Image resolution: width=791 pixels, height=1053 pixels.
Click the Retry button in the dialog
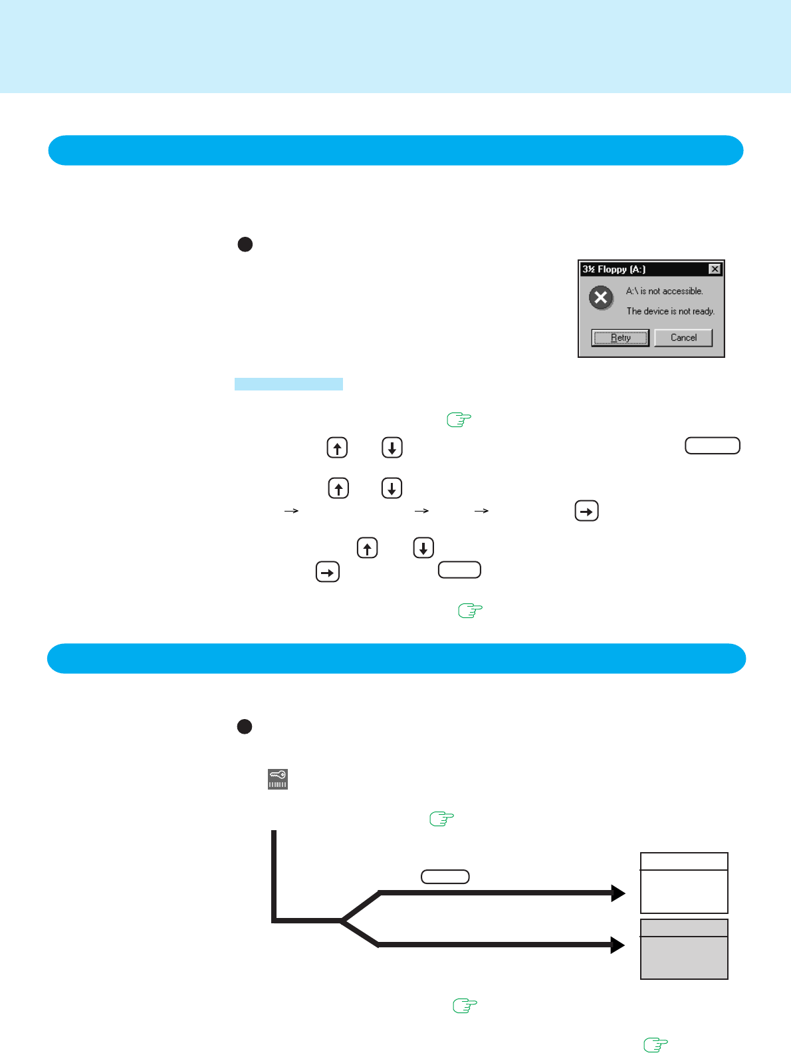pyautogui.click(x=620, y=338)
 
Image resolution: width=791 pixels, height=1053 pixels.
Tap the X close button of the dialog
pyautogui.click(x=715, y=269)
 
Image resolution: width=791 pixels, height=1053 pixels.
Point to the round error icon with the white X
pyautogui.click(x=601, y=297)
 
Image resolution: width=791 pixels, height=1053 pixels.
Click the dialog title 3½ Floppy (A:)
pyautogui.click(x=614, y=269)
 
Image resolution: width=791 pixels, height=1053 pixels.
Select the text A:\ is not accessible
pyautogui.click(x=664, y=291)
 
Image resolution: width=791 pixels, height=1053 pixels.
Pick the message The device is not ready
pyautogui.click(x=670, y=311)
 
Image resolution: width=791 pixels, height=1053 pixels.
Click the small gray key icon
pyautogui.click(x=278, y=779)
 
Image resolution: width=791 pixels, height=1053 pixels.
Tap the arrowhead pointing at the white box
pyautogui.click(x=618, y=893)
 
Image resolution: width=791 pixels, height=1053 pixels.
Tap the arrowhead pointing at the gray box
pyautogui.click(x=618, y=945)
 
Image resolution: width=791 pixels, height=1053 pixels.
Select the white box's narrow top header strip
pyautogui.click(x=684, y=861)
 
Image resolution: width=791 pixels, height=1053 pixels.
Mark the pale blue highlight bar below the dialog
pyautogui.click(x=288, y=384)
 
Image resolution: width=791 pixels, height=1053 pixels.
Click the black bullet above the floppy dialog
pyautogui.click(x=245, y=244)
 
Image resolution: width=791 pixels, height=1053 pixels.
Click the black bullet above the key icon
pyautogui.click(x=245, y=726)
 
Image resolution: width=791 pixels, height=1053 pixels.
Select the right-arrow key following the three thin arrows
pyautogui.click(x=586, y=511)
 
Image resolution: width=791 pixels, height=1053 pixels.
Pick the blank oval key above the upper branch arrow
pyautogui.click(x=445, y=877)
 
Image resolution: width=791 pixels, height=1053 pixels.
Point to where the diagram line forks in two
pyautogui.click(x=342, y=920)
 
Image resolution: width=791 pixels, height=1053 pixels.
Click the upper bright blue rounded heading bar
pyautogui.click(x=395, y=150)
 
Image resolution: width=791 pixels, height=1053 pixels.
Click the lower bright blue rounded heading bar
pyautogui.click(x=396, y=659)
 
